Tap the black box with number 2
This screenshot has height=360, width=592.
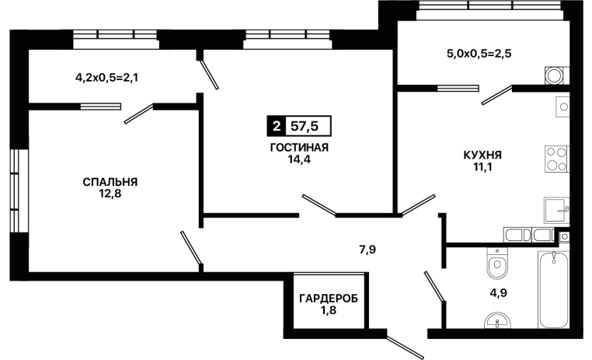(275, 125)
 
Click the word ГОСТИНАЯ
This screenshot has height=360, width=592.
(299, 148)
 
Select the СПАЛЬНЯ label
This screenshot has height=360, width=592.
(110, 182)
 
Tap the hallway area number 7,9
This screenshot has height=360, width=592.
(367, 250)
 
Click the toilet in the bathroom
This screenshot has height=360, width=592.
(495, 264)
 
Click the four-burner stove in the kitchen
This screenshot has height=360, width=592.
(556, 158)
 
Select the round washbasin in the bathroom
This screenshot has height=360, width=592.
(495, 320)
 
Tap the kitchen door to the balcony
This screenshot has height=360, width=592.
(496, 95)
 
